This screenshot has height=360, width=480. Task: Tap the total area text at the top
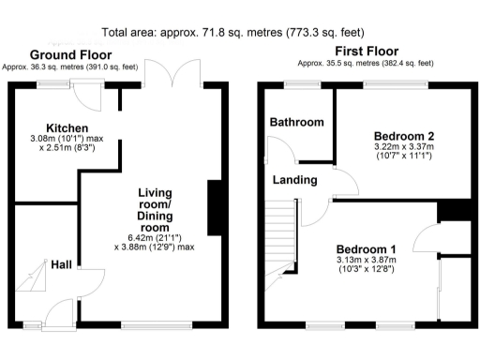(239, 32)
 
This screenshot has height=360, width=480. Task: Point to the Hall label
(62, 265)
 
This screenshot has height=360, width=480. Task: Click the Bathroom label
(296, 122)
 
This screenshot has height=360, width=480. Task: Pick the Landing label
(293, 180)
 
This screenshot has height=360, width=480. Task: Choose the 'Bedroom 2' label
(397, 134)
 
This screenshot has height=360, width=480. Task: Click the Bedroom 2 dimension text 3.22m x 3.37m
(397, 147)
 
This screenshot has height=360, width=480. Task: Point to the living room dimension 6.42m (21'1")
(155, 236)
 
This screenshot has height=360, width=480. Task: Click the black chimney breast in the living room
(213, 201)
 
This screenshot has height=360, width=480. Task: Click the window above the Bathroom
(301, 85)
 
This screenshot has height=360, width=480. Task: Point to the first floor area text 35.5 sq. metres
(366, 64)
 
